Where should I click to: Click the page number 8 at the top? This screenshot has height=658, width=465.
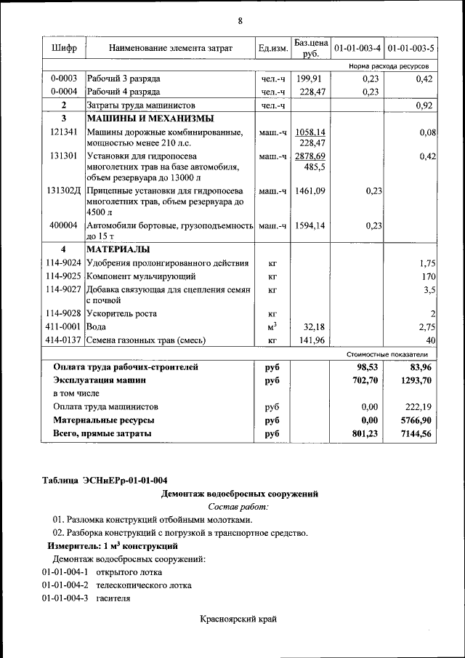[x=240, y=20]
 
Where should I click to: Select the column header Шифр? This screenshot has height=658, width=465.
[x=64, y=48]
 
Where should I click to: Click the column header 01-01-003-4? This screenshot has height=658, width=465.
[x=356, y=49]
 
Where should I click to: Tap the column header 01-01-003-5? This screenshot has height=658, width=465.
[x=411, y=49]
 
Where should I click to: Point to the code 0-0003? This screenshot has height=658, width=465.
[x=64, y=79]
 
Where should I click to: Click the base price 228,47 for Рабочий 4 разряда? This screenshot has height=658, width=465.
[x=310, y=92]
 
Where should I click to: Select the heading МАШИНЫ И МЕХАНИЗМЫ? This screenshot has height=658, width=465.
[x=150, y=119]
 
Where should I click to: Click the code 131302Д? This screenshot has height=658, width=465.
[x=64, y=190]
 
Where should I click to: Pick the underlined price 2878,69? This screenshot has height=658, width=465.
[x=310, y=156]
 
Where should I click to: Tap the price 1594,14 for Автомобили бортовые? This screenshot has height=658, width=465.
[x=310, y=225]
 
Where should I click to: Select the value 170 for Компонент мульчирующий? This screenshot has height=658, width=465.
[x=428, y=277]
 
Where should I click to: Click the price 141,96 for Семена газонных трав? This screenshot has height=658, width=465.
[x=310, y=340]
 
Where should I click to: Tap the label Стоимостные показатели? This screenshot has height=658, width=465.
[x=387, y=354]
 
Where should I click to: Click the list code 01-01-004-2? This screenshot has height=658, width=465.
[x=65, y=585]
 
